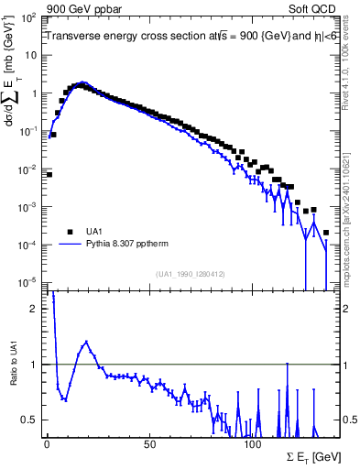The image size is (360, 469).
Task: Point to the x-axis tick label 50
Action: coord(149,443)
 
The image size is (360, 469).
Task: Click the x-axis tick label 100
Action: coord(253,443)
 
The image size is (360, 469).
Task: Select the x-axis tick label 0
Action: coord(47,443)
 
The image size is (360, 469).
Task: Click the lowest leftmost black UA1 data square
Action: coord(49,174)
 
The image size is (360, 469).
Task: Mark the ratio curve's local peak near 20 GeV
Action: coord(86,342)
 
